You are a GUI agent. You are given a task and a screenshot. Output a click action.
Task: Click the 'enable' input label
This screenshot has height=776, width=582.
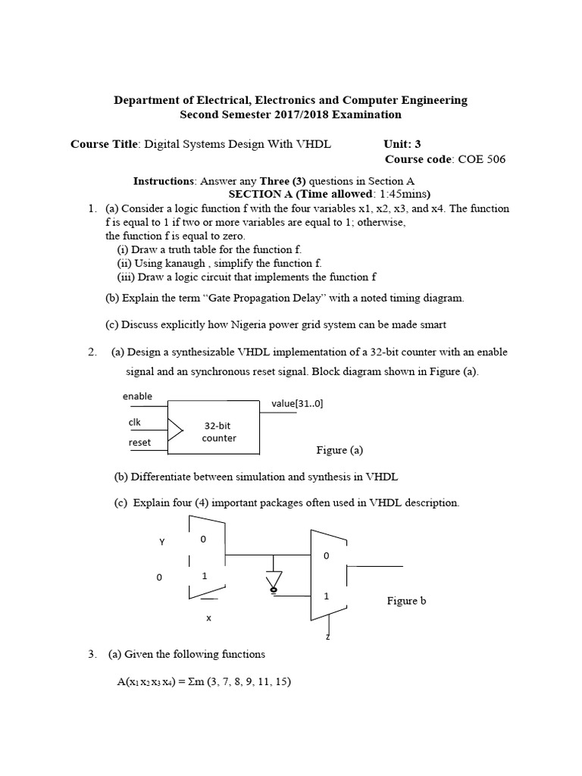tap(137, 396)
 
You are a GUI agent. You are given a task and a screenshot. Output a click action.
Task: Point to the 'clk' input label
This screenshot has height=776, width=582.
tap(134, 422)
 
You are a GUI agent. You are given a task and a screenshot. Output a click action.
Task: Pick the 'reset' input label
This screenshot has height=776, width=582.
tap(139, 443)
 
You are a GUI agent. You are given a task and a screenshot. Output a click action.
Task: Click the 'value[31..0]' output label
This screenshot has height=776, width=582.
tap(297, 404)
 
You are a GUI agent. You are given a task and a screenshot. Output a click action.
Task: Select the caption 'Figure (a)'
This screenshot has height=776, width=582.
tap(339, 450)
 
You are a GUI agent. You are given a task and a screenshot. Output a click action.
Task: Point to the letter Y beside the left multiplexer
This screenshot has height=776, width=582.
tap(161, 542)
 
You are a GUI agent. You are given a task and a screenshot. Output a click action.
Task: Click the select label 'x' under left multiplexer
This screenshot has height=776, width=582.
tap(208, 618)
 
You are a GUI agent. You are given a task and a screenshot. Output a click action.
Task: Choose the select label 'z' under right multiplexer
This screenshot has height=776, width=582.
tap(328, 637)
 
